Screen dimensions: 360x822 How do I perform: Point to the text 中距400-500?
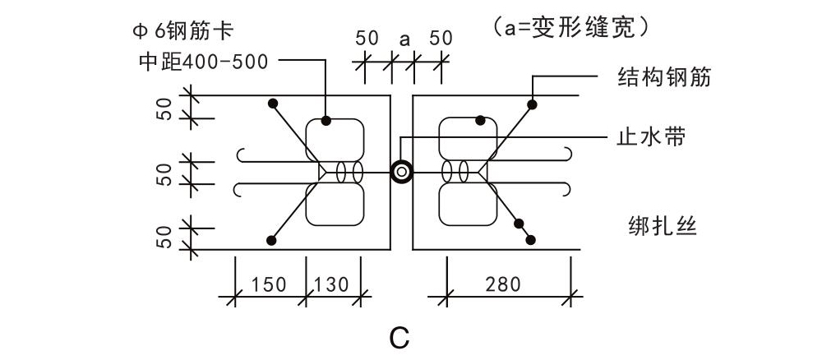(204, 61)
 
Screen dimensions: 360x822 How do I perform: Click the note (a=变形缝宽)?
(573, 26)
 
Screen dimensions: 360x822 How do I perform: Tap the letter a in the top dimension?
(404, 39)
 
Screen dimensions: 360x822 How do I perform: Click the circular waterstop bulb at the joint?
(402, 172)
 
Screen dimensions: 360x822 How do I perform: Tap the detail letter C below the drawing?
(399, 336)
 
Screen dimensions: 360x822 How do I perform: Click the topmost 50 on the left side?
(164, 108)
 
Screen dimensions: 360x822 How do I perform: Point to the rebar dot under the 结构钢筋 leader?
(533, 104)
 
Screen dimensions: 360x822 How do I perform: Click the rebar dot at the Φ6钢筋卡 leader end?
(326, 121)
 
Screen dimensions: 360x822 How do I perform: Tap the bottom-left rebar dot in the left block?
(270, 239)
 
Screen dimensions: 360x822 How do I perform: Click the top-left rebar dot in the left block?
(271, 104)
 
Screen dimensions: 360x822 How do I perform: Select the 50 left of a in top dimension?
(367, 39)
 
